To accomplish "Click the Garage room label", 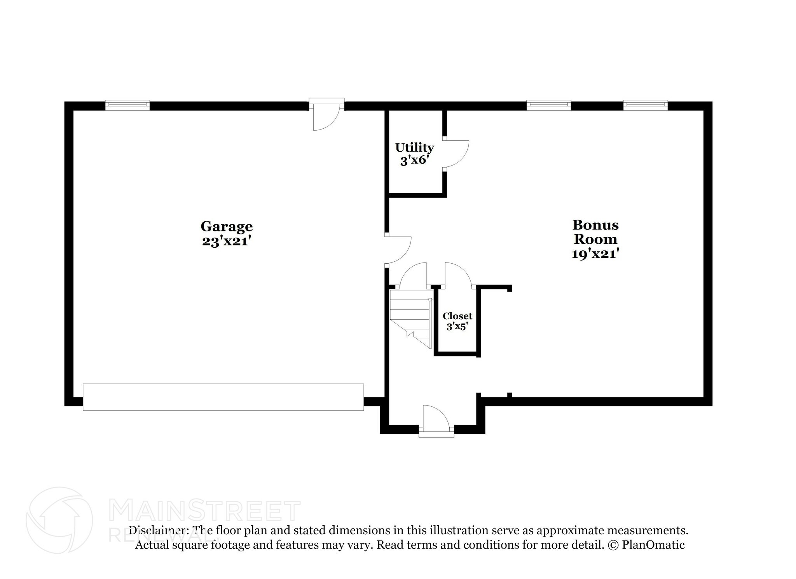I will point(227,226).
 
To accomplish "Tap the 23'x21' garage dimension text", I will point(225,241).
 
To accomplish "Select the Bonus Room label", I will point(595,232).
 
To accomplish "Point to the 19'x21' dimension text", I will point(595,254).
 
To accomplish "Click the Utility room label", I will point(414,147).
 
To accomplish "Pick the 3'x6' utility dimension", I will point(414,160).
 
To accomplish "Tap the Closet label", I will point(457,316).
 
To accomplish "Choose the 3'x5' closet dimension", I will point(457,327).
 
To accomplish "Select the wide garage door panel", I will point(223,397).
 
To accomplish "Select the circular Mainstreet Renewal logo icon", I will point(59,520).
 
